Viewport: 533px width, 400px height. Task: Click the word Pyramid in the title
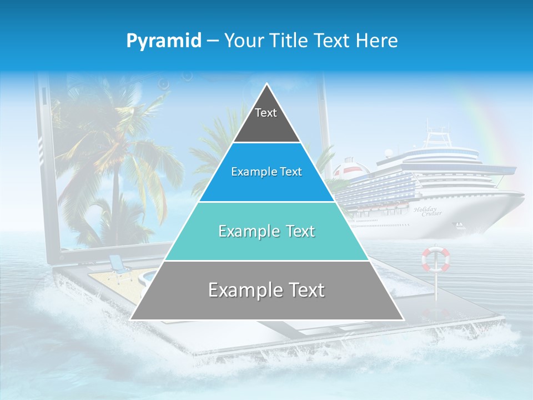tap(163, 41)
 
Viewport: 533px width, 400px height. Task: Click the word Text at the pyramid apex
tap(266, 113)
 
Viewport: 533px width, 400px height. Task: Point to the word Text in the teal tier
tap(295, 231)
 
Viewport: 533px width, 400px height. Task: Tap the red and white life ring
tap(436, 259)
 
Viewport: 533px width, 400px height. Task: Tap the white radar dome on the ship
tap(389, 152)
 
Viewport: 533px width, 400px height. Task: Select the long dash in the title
tap(213, 41)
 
